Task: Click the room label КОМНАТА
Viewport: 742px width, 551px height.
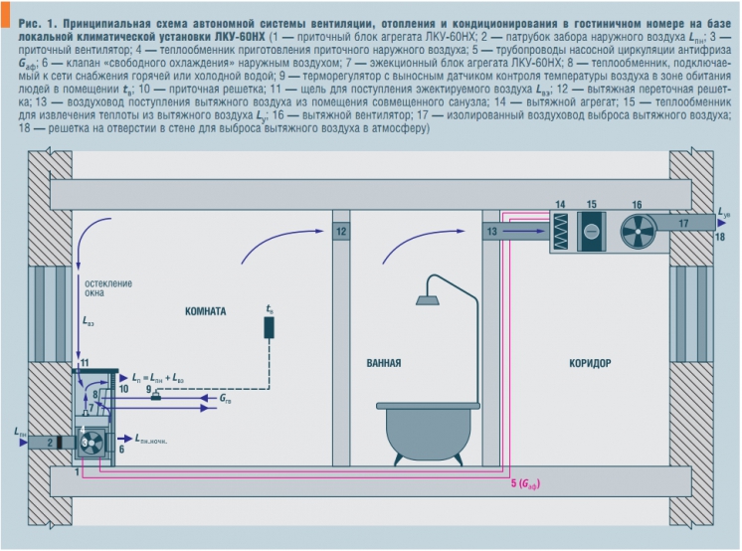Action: click(x=205, y=311)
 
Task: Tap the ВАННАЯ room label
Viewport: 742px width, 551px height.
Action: click(x=384, y=363)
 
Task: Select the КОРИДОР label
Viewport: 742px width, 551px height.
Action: click(x=590, y=363)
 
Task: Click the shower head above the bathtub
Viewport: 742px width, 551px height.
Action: click(x=427, y=300)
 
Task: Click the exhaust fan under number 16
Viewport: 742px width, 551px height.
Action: click(x=637, y=232)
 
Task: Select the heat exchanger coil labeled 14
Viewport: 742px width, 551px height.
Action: click(x=560, y=231)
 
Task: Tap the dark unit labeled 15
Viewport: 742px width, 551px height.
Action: click(x=591, y=231)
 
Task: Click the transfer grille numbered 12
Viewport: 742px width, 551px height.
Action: click(x=341, y=232)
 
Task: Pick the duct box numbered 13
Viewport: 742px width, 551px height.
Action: click(x=491, y=231)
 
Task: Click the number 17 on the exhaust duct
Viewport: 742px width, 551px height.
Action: click(x=683, y=223)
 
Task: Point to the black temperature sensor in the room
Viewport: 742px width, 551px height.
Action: click(x=270, y=327)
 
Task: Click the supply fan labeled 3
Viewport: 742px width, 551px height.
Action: click(x=91, y=443)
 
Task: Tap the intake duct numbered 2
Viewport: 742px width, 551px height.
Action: click(x=51, y=443)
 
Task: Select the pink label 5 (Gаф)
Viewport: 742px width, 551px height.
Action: click(x=525, y=483)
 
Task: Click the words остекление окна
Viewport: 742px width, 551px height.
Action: click(x=108, y=288)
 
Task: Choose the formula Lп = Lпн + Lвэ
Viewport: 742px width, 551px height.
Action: click(x=157, y=378)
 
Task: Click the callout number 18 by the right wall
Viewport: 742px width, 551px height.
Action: click(x=720, y=236)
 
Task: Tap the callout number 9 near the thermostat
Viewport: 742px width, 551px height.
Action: click(x=148, y=389)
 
